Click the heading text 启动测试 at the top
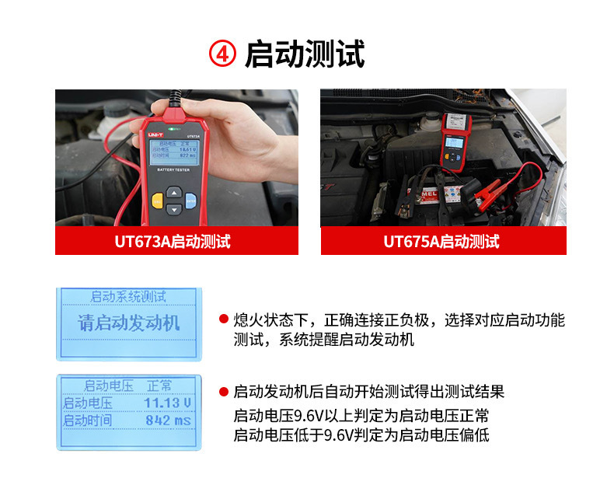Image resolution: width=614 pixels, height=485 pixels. pyautogui.click(x=305, y=54)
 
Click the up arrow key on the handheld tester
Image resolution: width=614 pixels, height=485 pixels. pyautogui.click(x=174, y=192)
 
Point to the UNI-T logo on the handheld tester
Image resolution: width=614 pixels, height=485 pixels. pyautogui.click(x=154, y=134)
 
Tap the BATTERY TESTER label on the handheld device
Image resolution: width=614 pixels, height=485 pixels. pyautogui.click(x=172, y=169)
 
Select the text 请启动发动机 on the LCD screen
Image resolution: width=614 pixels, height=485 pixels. pyautogui.click(x=128, y=323)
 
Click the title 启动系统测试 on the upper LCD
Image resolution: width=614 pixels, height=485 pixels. pyautogui.click(x=128, y=296)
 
